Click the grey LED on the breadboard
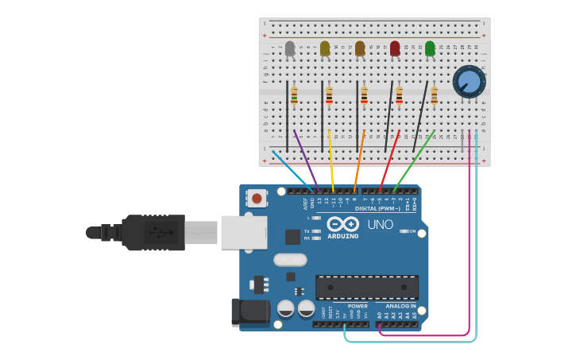coord(290,48)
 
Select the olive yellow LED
coord(325,48)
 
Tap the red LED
coord(395,48)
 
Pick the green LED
coord(430,48)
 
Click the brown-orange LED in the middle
coord(360,48)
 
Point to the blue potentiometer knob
coord(469,82)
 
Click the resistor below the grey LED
coord(294,96)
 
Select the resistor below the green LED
coord(434,96)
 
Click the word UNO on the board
coord(380,224)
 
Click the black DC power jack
coord(251,312)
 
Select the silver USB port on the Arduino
coord(243,232)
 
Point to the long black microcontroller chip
coord(366,287)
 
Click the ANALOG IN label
coord(400,306)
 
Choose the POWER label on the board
coord(358,306)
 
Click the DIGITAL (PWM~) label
coord(378,208)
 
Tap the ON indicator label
coord(412,231)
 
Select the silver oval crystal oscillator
coord(290,260)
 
